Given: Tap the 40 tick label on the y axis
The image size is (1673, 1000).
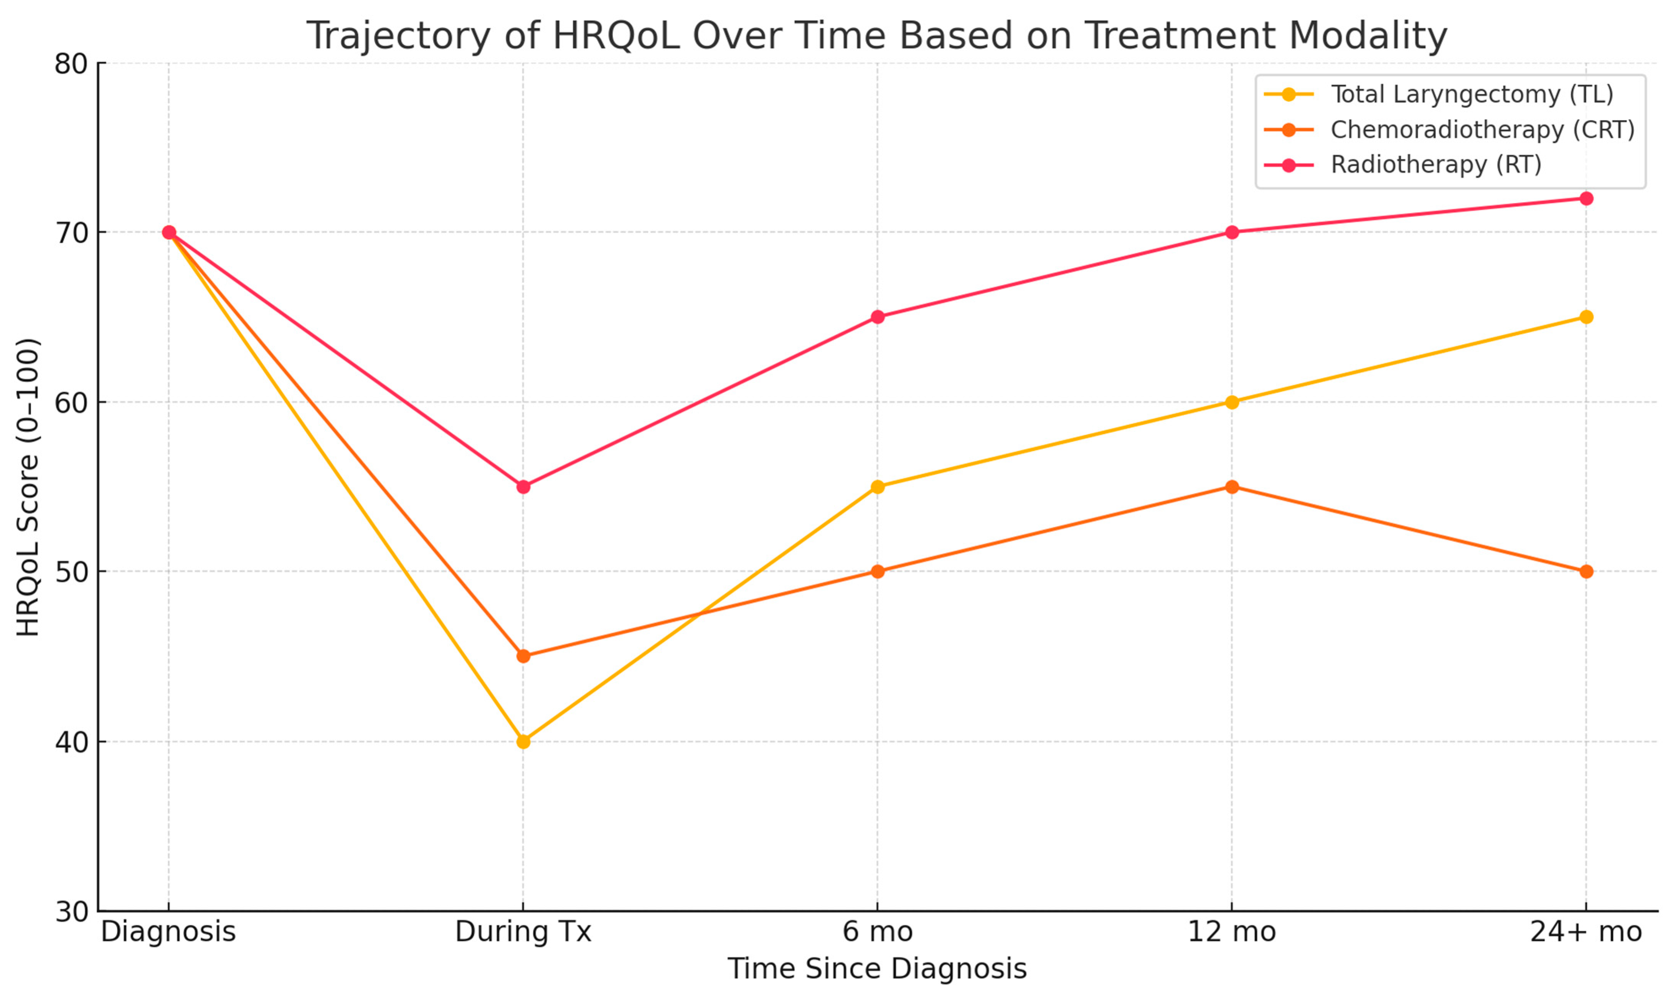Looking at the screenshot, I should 71,741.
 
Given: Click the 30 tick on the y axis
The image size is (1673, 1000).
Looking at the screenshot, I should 71,912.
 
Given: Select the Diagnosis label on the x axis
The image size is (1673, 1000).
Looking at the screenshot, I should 168,932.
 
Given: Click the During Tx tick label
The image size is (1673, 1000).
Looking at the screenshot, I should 523,932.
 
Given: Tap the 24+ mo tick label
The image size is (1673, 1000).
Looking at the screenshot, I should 1586,932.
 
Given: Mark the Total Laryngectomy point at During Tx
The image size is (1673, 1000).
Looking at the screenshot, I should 523,741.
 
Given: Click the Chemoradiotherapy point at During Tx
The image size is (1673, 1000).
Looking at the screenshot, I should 523,656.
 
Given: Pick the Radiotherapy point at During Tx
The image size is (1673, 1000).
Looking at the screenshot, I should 523,487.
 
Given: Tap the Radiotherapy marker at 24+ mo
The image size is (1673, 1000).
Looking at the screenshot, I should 1586,198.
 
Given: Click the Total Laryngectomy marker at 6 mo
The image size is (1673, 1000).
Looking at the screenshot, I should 877,487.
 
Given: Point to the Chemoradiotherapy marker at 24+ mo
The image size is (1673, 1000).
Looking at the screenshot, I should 1586,571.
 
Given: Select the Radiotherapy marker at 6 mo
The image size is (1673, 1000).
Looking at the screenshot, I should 877,317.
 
